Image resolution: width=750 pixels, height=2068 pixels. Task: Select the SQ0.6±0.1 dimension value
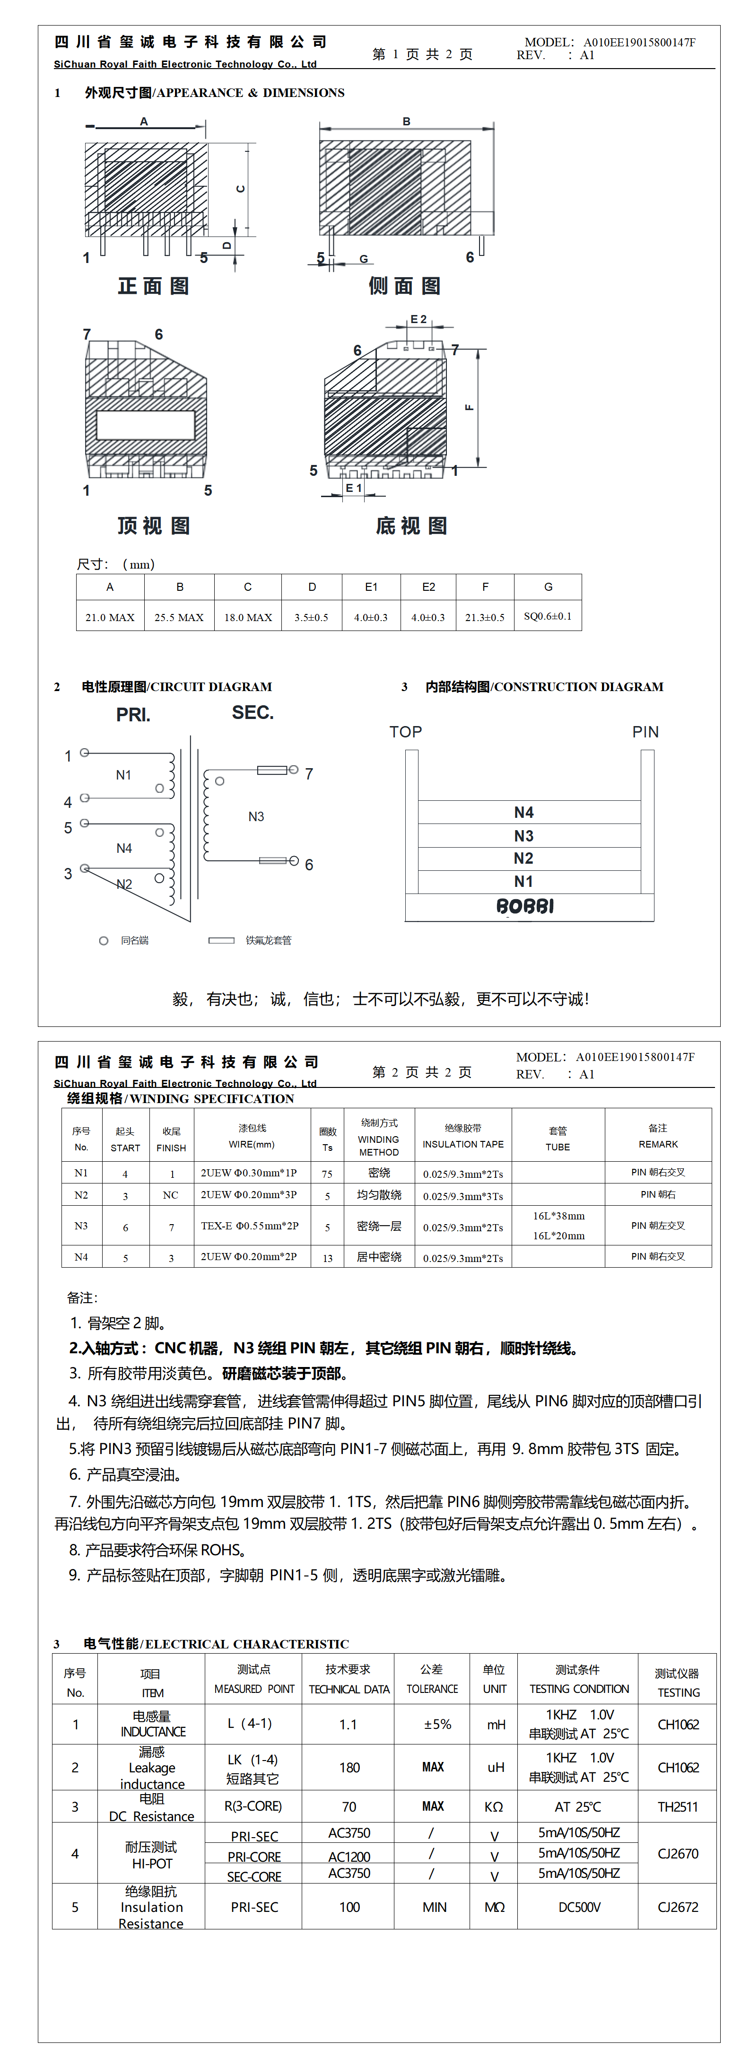(x=548, y=616)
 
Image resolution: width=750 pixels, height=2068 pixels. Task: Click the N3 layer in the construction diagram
(x=523, y=836)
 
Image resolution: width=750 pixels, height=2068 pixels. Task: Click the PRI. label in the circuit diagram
(x=133, y=715)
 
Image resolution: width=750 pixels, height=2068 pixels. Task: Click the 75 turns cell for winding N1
(x=327, y=1174)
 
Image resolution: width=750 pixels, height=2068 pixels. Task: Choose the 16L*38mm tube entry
(x=559, y=1216)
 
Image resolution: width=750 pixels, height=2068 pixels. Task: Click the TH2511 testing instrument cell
(x=678, y=1807)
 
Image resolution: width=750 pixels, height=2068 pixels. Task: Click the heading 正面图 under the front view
(x=153, y=286)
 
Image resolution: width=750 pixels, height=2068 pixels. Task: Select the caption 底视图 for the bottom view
(x=411, y=526)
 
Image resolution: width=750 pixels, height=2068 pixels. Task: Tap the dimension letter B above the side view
(x=406, y=121)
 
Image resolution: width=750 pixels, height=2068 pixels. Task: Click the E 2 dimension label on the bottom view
(x=419, y=319)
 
